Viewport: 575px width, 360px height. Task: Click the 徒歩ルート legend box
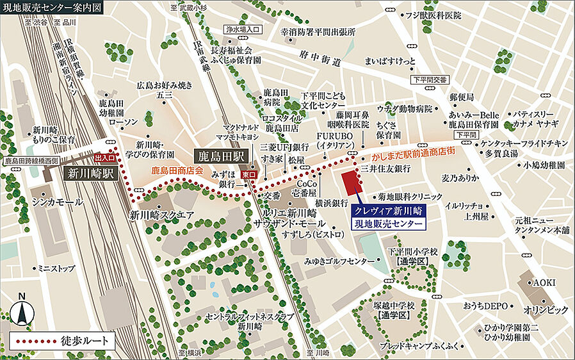point(62,341)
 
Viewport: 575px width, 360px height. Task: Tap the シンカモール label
point(58,202)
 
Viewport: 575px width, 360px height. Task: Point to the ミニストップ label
point(58,268)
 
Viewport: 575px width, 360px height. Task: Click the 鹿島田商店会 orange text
point(177,171)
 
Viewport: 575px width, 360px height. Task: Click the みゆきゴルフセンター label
point(339,261)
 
